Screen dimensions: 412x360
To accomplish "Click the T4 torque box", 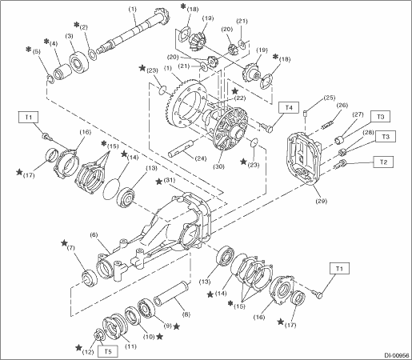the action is click(289, 107).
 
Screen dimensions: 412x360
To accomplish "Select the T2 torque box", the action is click(383, 162).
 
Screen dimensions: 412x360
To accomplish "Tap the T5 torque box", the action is click(108, 351).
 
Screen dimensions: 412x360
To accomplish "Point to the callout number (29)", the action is click(321, 201).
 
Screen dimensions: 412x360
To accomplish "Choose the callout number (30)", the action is click(218, 166).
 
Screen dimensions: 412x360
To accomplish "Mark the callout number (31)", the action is click(170, 181).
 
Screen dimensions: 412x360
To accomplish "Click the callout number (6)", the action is click(94, 235).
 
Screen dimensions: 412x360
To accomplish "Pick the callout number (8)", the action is click(186, 314).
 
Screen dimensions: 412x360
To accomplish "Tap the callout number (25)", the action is click(329, 98).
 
